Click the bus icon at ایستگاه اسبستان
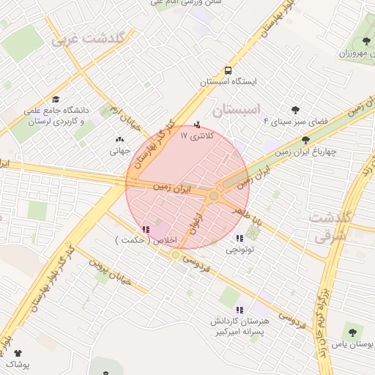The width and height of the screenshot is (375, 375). coord(229,71)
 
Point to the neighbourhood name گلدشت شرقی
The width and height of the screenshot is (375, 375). coord(327,226)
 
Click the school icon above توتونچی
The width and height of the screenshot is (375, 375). coord(239,238)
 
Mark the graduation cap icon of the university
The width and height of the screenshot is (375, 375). coord(56,100)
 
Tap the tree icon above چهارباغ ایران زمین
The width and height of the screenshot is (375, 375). coord(305,140)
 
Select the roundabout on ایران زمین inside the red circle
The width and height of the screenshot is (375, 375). coord(214,196)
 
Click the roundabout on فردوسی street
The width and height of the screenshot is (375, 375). coord(176,254)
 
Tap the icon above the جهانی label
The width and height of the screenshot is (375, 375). coord(119,138)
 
